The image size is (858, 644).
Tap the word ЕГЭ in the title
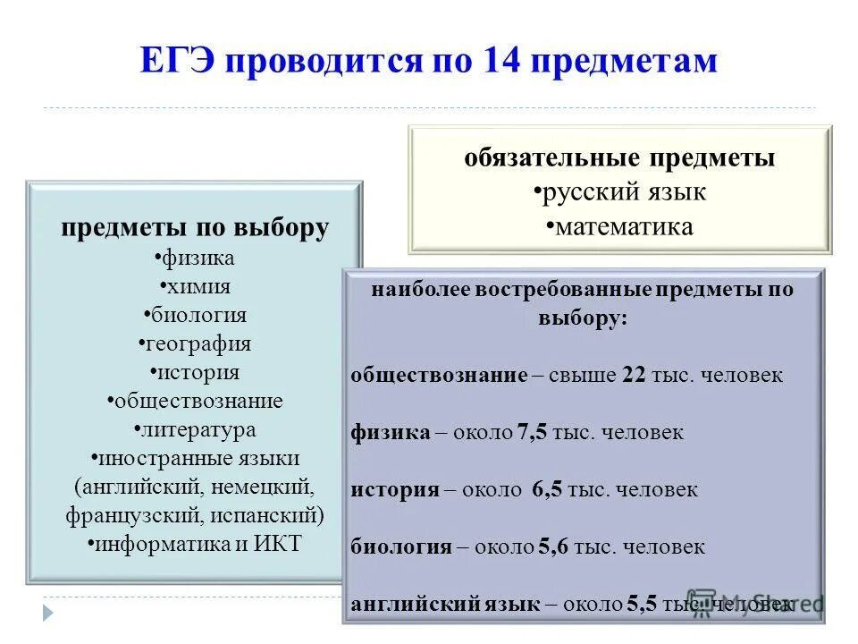[177, 62]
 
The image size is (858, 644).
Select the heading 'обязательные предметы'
[619, 158]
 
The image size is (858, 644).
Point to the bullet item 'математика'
[621, 226]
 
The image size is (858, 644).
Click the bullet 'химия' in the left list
[196, 286]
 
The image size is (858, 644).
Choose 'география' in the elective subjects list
[196, 343]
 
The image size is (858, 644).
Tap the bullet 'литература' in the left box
[196, 429]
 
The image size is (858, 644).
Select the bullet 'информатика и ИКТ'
[196, 544]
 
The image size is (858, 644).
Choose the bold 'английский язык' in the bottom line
[445, 605]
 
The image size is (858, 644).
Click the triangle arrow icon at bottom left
[48, 613]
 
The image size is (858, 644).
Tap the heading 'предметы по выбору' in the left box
[195, 227]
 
